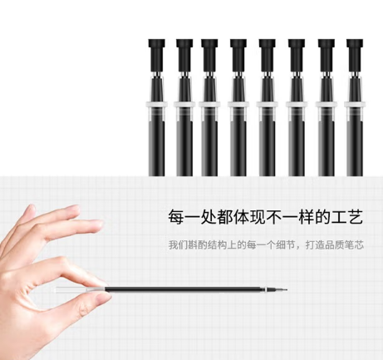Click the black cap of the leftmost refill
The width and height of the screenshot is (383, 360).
156,55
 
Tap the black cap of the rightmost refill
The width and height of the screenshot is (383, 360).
355,55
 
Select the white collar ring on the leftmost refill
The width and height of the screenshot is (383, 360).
156,105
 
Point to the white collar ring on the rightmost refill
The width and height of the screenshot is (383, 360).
355,105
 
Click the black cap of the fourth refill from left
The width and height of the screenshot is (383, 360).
238,55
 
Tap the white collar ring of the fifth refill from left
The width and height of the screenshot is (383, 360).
268,105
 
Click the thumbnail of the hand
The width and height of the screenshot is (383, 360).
101,298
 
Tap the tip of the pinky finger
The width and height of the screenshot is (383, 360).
76,209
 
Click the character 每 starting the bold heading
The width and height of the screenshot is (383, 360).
176,217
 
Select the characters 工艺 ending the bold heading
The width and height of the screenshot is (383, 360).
347,217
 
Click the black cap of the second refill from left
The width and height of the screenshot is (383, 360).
184,55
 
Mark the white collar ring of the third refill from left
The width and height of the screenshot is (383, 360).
209,105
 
